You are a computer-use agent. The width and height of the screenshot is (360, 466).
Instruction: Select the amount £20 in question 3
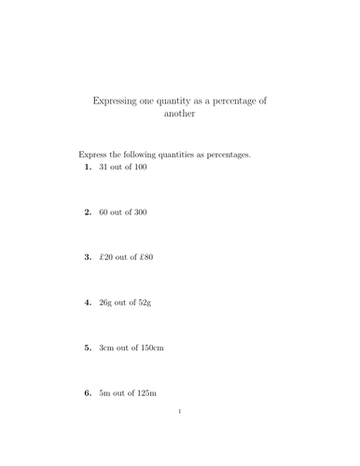coord(106,257)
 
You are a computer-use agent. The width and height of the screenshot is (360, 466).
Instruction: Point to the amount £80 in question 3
coord(145,257)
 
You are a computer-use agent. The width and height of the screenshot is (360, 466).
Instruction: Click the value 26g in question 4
coord(105,303)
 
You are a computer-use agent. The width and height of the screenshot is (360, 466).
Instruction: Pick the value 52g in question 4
coord(144,303)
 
